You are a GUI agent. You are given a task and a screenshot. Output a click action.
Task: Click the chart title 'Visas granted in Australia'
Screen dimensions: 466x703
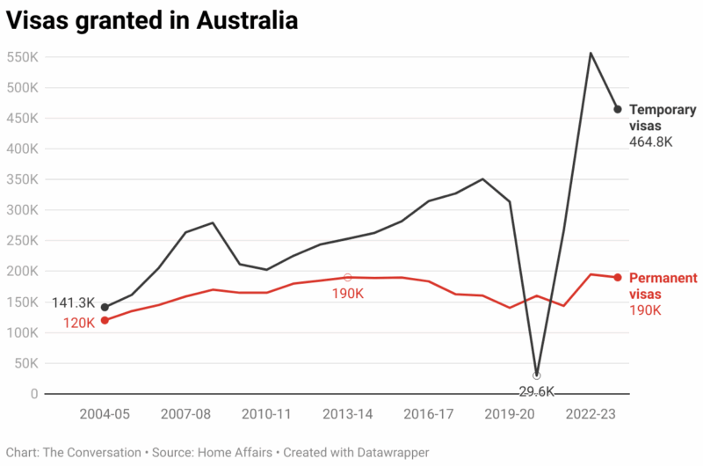click(x=152, y=21)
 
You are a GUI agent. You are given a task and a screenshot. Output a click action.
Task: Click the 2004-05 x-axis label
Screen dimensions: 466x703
click(x=105, y=413)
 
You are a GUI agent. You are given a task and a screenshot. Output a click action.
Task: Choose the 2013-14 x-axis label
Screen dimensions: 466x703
click(x=348, y=413)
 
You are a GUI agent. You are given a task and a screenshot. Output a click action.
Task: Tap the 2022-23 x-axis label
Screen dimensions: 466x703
click(x=591, y=413)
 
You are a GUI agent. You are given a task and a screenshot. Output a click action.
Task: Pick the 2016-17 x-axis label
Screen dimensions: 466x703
click(x=429, y=413)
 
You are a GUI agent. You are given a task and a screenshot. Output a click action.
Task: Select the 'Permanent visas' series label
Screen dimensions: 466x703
click(x=663, y=286)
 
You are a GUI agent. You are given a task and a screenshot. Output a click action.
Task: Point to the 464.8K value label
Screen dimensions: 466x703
click(x=651, y=142)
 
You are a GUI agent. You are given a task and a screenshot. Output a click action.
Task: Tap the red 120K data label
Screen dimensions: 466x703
click(x=78, y=323)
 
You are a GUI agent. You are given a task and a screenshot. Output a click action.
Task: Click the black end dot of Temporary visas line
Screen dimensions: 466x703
click(x=618, y=109)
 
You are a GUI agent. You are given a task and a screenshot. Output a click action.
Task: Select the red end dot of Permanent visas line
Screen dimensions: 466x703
click(x=618, y=278)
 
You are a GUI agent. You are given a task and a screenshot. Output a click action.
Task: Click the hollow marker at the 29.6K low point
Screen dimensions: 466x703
click(x=537, y=375)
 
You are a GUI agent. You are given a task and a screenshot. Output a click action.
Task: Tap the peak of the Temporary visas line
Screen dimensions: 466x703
click(x=591, y=53)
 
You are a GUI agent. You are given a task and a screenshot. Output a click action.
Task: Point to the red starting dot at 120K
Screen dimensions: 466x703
click(x=105, y=320)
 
